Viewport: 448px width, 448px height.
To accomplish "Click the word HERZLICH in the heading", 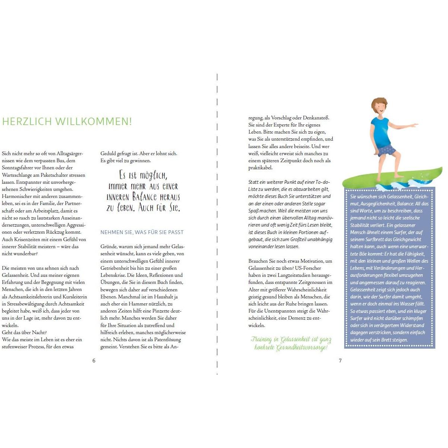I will pyautogui.click(x=27, y=122).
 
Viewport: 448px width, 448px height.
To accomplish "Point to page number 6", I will pyautogui.click(x=94, y=361).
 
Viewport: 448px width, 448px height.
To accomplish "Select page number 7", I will pyautogui.click(x=340, y=361).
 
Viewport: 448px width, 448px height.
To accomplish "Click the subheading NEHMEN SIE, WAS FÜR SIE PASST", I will pyautogui.click(x=142, y=232).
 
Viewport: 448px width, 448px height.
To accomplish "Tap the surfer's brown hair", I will pyautogui.click(x=379, y=102).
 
